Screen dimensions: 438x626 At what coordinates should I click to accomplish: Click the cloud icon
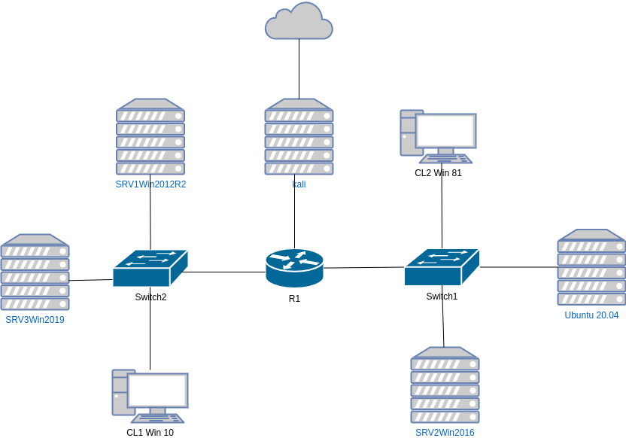299,22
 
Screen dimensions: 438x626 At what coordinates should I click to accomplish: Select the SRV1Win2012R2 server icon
150,137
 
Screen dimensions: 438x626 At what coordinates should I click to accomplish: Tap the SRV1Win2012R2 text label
150,184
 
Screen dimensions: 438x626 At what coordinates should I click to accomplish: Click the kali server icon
299,137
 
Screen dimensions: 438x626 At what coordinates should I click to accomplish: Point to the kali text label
299,184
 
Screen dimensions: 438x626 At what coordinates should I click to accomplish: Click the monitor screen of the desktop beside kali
446,131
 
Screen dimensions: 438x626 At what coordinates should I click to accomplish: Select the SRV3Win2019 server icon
35,272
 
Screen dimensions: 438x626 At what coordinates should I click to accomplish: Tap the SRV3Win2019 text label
35,320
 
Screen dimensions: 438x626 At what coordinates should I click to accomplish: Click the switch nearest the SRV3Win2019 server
150,268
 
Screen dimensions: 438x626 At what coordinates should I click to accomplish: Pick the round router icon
295,268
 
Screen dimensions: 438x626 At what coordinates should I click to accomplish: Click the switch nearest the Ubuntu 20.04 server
442,267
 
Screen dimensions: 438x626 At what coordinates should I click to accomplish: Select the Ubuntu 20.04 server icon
591,268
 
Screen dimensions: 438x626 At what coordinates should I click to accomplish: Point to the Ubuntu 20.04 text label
591,315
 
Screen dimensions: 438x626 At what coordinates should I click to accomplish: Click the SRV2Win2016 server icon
445,385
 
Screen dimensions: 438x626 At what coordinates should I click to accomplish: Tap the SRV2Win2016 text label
445,433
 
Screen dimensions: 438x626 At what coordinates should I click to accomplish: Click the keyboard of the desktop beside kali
447,159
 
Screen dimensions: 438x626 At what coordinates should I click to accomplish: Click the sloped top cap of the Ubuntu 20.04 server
591,234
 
